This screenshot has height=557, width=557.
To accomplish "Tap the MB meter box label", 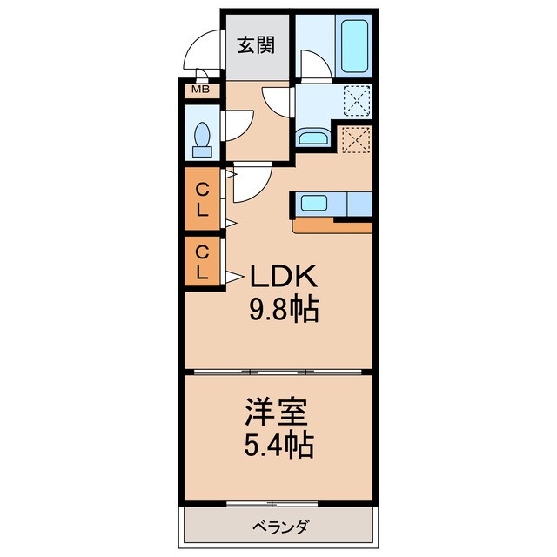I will [199, 89].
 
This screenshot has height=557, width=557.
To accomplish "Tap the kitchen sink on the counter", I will [313, 205].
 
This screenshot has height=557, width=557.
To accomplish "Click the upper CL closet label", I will [201, 199].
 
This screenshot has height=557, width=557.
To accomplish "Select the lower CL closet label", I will [201, 262].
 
